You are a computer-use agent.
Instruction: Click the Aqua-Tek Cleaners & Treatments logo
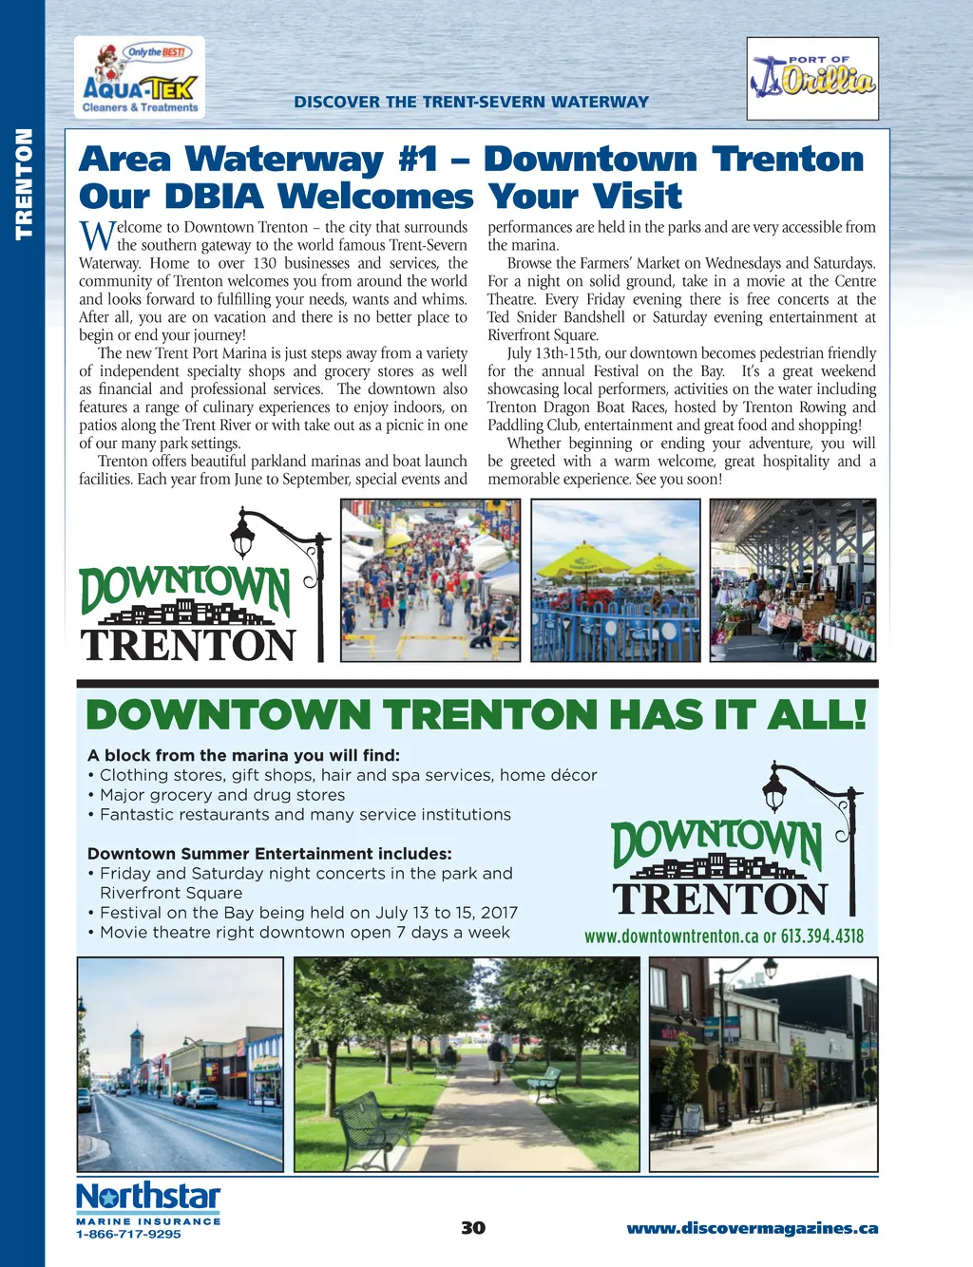[140, 78]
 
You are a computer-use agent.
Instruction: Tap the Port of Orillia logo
[812, 79]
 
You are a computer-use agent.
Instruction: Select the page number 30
[473, 1228]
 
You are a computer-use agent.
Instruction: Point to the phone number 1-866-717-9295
[128, 1234]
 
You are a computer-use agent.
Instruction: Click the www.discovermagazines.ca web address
[752, 1228]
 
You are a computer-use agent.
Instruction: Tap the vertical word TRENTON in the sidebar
[23, 183]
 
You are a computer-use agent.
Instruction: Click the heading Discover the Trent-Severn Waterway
[471, 102]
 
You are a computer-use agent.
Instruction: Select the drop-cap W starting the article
[96, 235]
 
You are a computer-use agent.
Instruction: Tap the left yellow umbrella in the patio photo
[582, 559]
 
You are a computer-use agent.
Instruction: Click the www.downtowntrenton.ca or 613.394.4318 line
[724, 936]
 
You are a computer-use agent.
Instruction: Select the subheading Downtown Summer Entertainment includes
[269, 853]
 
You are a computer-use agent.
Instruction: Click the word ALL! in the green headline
[818, 714]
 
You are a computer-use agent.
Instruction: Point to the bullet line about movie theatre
[304, 932]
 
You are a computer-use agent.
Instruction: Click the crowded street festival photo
[429, 579]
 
